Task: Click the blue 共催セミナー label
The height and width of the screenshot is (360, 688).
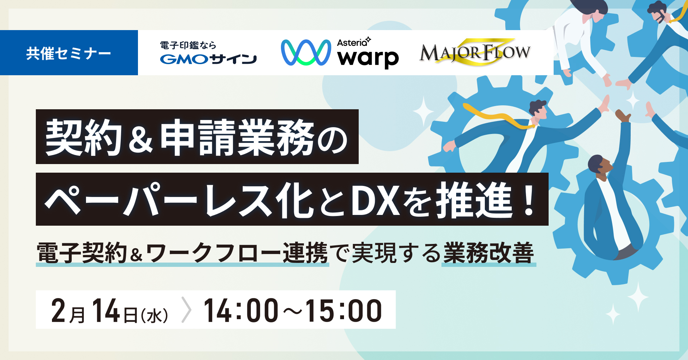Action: point(69,53)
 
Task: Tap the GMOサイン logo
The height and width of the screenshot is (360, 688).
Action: point(208,53)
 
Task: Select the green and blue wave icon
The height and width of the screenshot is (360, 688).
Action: point(306,53)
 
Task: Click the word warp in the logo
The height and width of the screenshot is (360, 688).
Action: point(368,58)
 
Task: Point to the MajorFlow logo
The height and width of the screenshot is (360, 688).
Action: point(475,52)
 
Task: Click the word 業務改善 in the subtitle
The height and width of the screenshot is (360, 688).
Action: point(489,253)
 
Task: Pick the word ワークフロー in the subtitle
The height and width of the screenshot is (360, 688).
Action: point(214,253)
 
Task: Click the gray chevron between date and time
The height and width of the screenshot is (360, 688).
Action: point(187,310)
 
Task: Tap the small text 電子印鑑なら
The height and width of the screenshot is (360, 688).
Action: point(188,45)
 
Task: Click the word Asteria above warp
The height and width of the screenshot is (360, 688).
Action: point(352,43)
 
